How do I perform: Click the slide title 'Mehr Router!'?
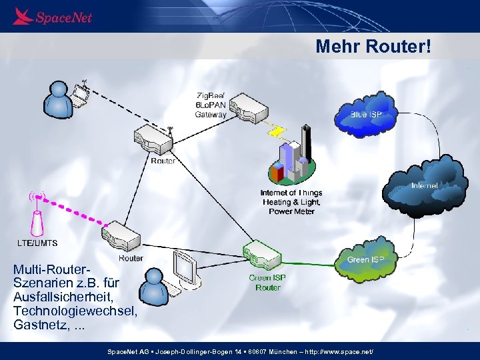click(373, 47)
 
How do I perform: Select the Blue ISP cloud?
click(365, 115)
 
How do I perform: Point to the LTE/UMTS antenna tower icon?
click(37, 220)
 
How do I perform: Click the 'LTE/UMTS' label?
click(37, 242)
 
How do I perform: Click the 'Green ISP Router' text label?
click(267, 283)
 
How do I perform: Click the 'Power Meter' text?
click(292, 211)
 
